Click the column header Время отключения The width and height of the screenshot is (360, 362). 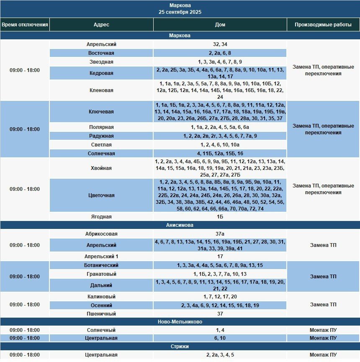(25, 25)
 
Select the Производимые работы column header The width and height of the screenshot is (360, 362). (323, 25)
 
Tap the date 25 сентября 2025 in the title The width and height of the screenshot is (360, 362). (180, 12)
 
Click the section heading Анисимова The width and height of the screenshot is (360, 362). (180, 225)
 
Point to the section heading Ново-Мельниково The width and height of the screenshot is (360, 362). (180, 322)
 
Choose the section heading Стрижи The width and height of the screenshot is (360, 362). (180, 347)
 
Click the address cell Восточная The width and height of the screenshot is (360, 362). (101, 53)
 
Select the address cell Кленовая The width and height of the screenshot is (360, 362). (101, 90)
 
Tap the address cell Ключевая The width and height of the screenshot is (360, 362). (101, 112)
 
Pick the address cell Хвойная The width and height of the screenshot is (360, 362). (101, 168)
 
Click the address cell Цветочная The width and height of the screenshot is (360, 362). (101, 195)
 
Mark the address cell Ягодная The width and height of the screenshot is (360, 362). (101, 217)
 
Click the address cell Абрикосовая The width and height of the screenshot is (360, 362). (101, 234)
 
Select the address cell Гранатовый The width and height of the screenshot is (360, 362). (101, 274)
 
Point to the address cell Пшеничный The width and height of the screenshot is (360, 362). (101, 314)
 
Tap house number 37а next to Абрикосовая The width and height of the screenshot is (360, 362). (220, 234)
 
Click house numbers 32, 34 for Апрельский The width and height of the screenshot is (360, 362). (220, 44)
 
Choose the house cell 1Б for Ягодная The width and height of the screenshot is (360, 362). (220, 217)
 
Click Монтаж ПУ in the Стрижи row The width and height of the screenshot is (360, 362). (323, 355)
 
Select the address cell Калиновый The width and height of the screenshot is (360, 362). (101, 297)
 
